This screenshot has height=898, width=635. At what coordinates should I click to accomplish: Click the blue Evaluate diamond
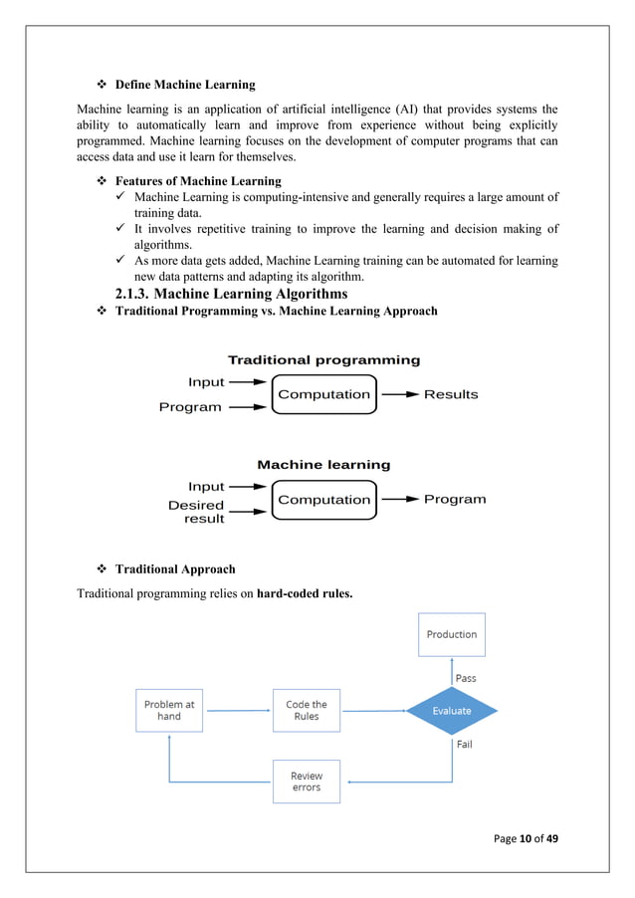[452, 711]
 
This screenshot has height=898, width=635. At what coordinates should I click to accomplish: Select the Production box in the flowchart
[452, 634]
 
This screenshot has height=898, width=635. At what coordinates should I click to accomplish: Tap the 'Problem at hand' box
[169, 710]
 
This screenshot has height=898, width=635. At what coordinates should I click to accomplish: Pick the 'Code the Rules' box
[307, 710]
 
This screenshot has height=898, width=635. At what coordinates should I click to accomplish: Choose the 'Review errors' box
[307, 782]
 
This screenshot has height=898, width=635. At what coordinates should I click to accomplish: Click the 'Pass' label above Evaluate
[466, 678]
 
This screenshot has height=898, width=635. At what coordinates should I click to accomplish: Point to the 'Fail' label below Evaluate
[464, 745]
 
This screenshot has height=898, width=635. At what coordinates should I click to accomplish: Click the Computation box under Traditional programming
[323, 395]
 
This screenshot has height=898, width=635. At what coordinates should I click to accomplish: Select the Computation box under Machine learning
[323, 500]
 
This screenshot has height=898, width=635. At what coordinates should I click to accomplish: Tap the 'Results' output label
[451, 395]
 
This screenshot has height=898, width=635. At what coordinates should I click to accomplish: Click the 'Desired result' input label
[197, 512]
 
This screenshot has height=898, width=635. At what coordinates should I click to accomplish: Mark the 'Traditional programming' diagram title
[323, 360]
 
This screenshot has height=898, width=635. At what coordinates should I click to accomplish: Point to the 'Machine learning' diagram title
[323, 465]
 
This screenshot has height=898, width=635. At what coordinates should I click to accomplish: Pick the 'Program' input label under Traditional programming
[190, 407]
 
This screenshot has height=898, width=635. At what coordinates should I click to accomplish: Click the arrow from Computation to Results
[400, 395]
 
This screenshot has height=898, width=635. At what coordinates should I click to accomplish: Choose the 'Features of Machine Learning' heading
[198, 181]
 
